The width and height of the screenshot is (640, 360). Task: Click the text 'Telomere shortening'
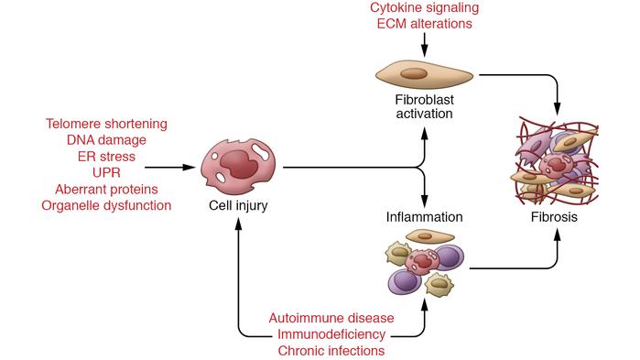pyautogui.click(x=106, y=123)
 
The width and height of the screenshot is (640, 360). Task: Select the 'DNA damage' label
pyautogui.click(x=106, y=139)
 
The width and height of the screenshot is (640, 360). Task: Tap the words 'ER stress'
pyautogui.click(x=106, y=156)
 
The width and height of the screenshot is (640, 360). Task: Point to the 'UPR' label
pyautogui.click(x=106, y=172)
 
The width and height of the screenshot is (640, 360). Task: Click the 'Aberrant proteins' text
pyautogui.click(x=106, y=189)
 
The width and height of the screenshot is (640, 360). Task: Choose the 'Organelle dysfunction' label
pyautogui.click(x=106, y=205)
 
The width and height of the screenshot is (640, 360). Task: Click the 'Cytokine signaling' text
pyautogui.click(x=423, y=8)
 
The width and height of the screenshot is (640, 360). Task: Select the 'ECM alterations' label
pyautogui.click(x=423, y=25)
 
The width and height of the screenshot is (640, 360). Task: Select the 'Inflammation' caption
pyautogui.click(x=424, y=218)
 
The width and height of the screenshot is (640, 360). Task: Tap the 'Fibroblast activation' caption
pyautogui.click(x=424, y=105)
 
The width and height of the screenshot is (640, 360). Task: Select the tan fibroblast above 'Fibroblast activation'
pyautogui.click(x=423, y=74)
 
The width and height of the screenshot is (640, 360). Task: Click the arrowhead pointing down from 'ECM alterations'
pyautogui.click(x=423, y=52)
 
